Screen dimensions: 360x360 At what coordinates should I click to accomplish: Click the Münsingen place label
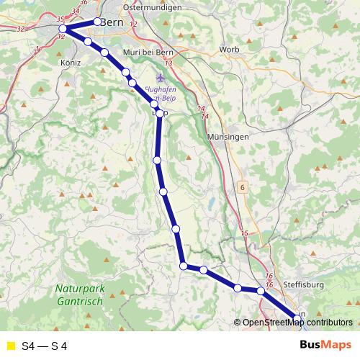pos(228,136)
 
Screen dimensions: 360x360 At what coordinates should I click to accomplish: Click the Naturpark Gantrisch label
pos(81,295)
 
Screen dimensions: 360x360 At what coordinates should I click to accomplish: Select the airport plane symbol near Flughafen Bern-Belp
pos(160,77)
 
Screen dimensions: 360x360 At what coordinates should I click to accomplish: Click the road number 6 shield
pos(243,187)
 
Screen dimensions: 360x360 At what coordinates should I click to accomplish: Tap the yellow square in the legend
pos(9,346)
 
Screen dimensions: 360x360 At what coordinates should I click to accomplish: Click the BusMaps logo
pos(325,346)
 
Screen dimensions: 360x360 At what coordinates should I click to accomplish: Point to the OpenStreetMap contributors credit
pos(297,323)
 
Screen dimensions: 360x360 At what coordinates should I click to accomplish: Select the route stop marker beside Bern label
pos(97,21)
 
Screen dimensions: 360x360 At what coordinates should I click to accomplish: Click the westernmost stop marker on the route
pos(63,30)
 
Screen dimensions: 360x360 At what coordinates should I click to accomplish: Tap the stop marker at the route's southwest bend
pos(184,266)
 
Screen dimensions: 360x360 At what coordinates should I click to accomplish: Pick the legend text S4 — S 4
pos(45,346)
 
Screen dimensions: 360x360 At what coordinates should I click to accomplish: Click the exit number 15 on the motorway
pos(244,233)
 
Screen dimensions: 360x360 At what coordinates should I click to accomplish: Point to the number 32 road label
pos(19,30)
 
